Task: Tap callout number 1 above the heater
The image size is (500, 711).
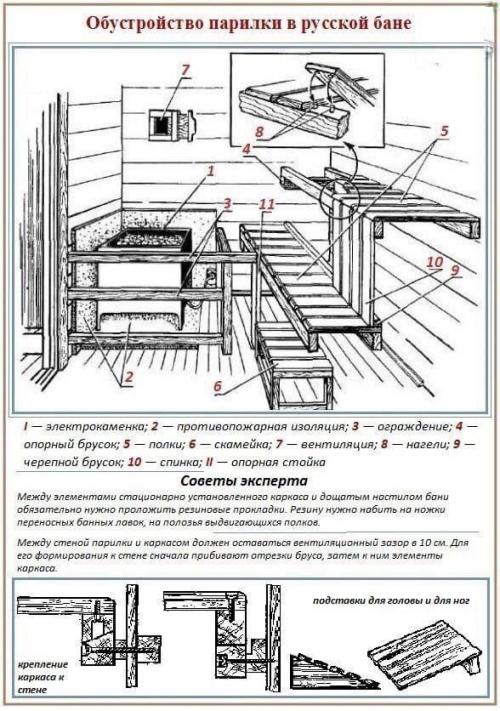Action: coord(211,171)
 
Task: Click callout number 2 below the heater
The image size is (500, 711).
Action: coord(129,377)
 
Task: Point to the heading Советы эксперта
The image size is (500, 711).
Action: coord(250,481)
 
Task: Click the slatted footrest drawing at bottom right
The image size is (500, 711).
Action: coord(424,654)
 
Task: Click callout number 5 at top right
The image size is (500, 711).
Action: coord(444,129)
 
